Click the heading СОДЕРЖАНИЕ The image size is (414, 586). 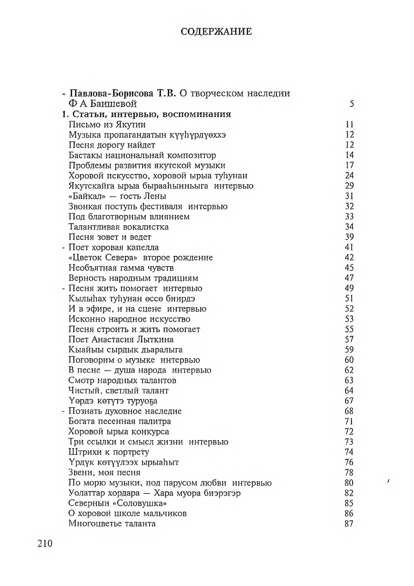(x=216, y=32)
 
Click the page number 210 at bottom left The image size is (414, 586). (x=45, y=543)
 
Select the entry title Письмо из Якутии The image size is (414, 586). (x=107, y=125)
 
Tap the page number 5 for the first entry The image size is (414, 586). (x=351, y=104)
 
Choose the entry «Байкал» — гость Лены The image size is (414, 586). (x=117, y=196)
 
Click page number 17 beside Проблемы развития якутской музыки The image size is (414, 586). (x=349, y=165)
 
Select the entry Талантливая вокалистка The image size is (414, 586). (x=119, y=227)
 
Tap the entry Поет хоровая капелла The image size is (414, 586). (x=113, y=247)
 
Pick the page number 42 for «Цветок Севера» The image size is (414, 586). (x=349, y=258)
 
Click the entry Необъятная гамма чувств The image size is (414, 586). (x=121, y=268)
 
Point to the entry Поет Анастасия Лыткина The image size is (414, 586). (x=121, y=339)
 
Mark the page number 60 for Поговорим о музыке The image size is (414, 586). (x=349, y=360)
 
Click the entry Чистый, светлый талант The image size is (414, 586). (x=119, y=390)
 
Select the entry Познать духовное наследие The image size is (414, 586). (x=125, y=411)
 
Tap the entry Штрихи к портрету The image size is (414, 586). (x=109, y=452)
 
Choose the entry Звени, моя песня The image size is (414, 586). (x=104, y=473)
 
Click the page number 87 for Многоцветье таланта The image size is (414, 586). (x=349, y=523)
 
